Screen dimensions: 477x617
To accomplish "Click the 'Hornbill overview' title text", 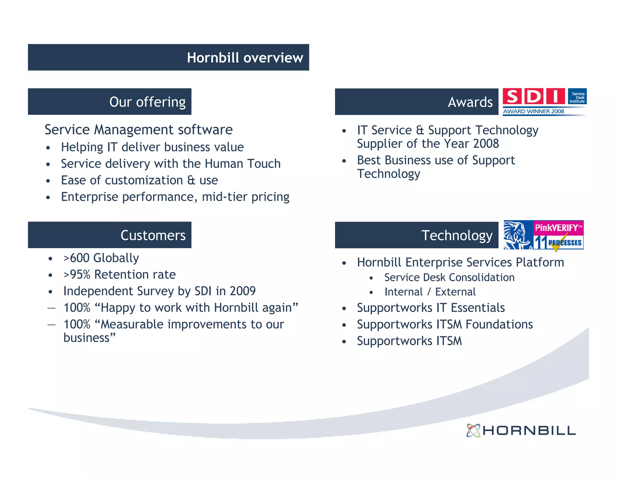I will point(245,58).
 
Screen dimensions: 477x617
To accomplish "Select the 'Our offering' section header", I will point(147,102).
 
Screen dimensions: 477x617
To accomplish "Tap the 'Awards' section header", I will point(470,102).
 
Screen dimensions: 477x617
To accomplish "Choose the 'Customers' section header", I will point(153,235).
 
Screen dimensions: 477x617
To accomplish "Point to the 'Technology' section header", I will point(457,235).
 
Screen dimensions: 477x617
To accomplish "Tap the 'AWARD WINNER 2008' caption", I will point(534,111).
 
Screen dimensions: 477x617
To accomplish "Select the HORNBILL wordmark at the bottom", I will point(529,431).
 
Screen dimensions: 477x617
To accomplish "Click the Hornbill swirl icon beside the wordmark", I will point(473,431).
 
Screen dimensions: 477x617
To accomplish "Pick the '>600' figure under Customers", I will point(77,258).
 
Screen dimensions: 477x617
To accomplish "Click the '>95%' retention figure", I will point(77,275).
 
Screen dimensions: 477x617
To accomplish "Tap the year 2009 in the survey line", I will point(243,291).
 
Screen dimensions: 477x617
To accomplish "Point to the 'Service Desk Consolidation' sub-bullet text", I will point(449,277).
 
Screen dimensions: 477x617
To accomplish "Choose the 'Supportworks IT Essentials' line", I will point(431,308).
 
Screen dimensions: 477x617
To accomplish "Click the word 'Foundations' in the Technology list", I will point(499,324).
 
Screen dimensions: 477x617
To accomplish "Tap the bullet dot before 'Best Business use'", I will point(344,161).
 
